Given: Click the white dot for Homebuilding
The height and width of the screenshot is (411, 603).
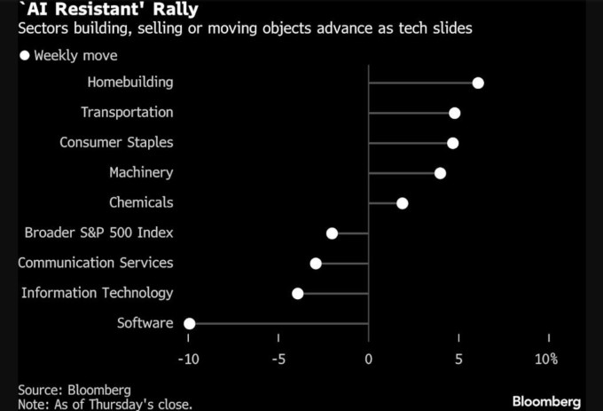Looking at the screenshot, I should tap(478, 83).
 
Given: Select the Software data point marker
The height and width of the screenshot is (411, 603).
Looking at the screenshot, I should tap(189, 323).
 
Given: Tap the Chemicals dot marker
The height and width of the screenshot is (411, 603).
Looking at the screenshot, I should tap(402, 203).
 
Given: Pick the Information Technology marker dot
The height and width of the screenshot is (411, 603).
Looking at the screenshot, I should tap(297, 293).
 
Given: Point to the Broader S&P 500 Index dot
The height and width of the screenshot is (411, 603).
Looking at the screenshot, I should tap(332, 233).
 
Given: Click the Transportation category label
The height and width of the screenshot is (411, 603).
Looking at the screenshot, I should tap(127, 113).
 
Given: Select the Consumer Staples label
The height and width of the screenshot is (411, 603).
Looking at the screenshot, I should tap(116, 143).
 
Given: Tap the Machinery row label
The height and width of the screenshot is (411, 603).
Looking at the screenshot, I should tap(141, 173).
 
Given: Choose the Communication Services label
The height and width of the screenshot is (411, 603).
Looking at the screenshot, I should tap(96, 263).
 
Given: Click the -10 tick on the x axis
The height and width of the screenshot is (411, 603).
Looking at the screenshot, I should tap(188, 360).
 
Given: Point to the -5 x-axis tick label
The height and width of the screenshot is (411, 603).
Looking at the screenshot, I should tap(278, 360).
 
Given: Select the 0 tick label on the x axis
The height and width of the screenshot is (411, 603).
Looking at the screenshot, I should tap(369, 360).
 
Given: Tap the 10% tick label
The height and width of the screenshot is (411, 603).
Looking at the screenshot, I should tap(546, 360).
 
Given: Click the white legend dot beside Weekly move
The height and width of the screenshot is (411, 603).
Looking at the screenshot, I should tap(25, 55).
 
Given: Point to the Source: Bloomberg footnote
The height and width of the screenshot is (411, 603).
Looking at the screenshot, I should tap(74, 390).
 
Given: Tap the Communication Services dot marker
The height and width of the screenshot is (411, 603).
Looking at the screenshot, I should tap(316, 264).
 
